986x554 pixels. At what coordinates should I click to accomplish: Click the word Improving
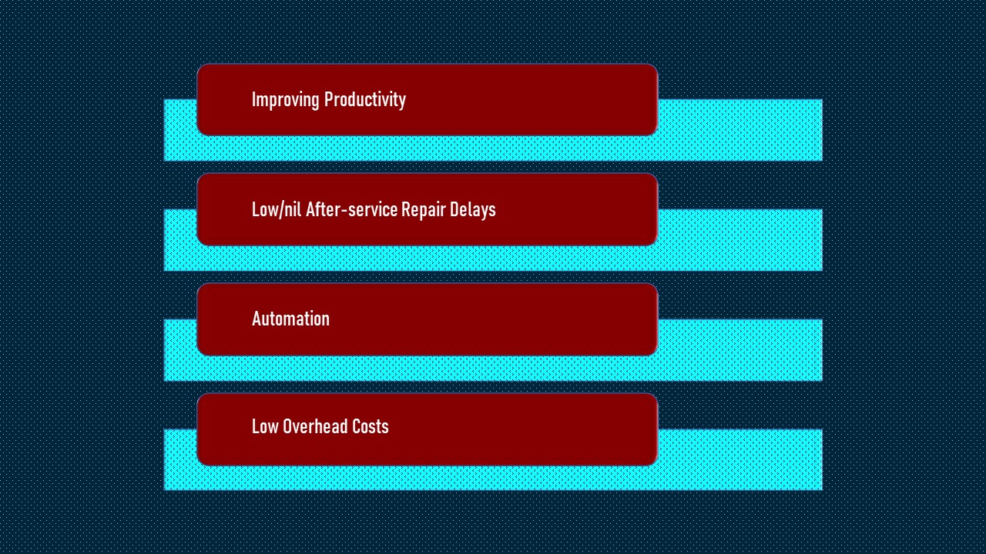(285, 100)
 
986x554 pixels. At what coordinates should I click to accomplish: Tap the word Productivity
(365, 100)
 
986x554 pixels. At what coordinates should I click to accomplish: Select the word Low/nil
(277, 209)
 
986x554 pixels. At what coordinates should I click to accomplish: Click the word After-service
(351, 209)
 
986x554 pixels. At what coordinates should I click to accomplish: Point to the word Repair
(424, 210)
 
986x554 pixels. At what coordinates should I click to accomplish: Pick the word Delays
(473, 210)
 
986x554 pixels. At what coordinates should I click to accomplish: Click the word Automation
(290, 319)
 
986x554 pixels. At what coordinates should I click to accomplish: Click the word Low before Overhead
(265, 426)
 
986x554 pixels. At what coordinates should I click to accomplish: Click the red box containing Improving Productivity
(428, 100)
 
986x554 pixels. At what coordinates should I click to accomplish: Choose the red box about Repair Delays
(428, 209)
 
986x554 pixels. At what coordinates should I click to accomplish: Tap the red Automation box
(428, 319)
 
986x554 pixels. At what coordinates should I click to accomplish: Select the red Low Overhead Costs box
(428, 429)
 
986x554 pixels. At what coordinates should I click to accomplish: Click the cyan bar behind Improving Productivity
(739, 130)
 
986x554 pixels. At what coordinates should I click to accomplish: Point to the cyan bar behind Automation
(739, 350)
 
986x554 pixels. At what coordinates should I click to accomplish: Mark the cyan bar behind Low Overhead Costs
(739, 459)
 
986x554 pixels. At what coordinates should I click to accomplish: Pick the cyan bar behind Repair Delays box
(739, 240)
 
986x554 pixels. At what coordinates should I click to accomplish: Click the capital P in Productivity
(328, 99)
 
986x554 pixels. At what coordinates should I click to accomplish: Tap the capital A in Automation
(257, 319)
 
